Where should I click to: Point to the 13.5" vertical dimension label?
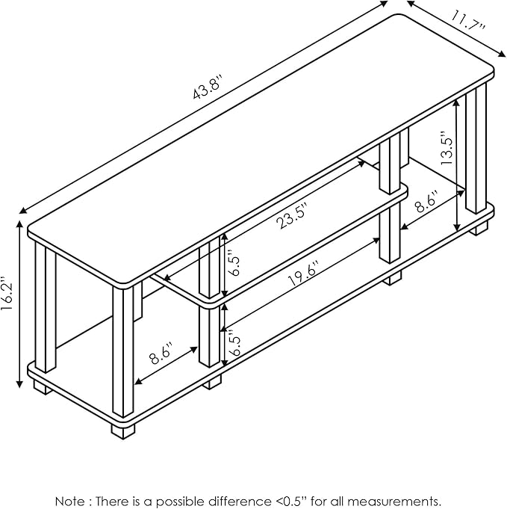pyautogui.click(x=447, y=149)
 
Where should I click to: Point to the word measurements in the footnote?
pyautogui.click(x=404, y=500)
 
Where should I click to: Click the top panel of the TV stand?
pyautogui.click(x=261, y=149)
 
